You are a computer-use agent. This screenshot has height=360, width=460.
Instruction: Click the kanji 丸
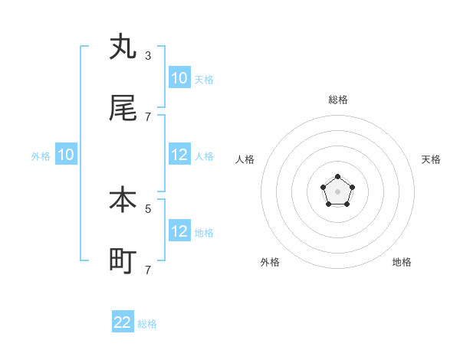[123, 47]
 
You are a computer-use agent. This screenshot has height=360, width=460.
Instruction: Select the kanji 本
[123, 200]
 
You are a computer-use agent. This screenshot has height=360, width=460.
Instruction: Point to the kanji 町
[123, 261]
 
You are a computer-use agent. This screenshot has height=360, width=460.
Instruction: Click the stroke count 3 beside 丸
[148, 55]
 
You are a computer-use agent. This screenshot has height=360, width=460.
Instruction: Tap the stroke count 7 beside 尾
[148, 116]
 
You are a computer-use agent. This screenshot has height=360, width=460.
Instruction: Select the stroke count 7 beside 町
[148, 270]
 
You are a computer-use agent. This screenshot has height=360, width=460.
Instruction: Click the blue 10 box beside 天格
[179, 78]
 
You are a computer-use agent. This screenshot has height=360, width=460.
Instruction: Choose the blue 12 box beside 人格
[179, 155]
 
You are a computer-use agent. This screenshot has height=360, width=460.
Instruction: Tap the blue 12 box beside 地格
[179, 231]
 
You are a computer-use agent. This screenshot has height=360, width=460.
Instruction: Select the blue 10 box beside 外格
[66, 155]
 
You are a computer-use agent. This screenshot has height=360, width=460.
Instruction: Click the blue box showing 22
[123, 322]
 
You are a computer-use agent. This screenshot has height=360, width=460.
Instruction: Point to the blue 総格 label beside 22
[147, 324]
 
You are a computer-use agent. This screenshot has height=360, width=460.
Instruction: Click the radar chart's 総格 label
[338, 100]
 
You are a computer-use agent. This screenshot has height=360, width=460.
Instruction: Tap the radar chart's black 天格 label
[431, 159]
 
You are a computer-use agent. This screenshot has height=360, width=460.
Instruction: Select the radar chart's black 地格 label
[402, 262]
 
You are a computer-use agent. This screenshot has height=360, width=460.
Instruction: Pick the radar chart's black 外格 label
[270, 262]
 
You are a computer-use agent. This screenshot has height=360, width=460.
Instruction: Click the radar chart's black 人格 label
[245, 159]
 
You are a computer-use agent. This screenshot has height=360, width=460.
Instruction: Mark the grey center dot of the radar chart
[337, 191]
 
